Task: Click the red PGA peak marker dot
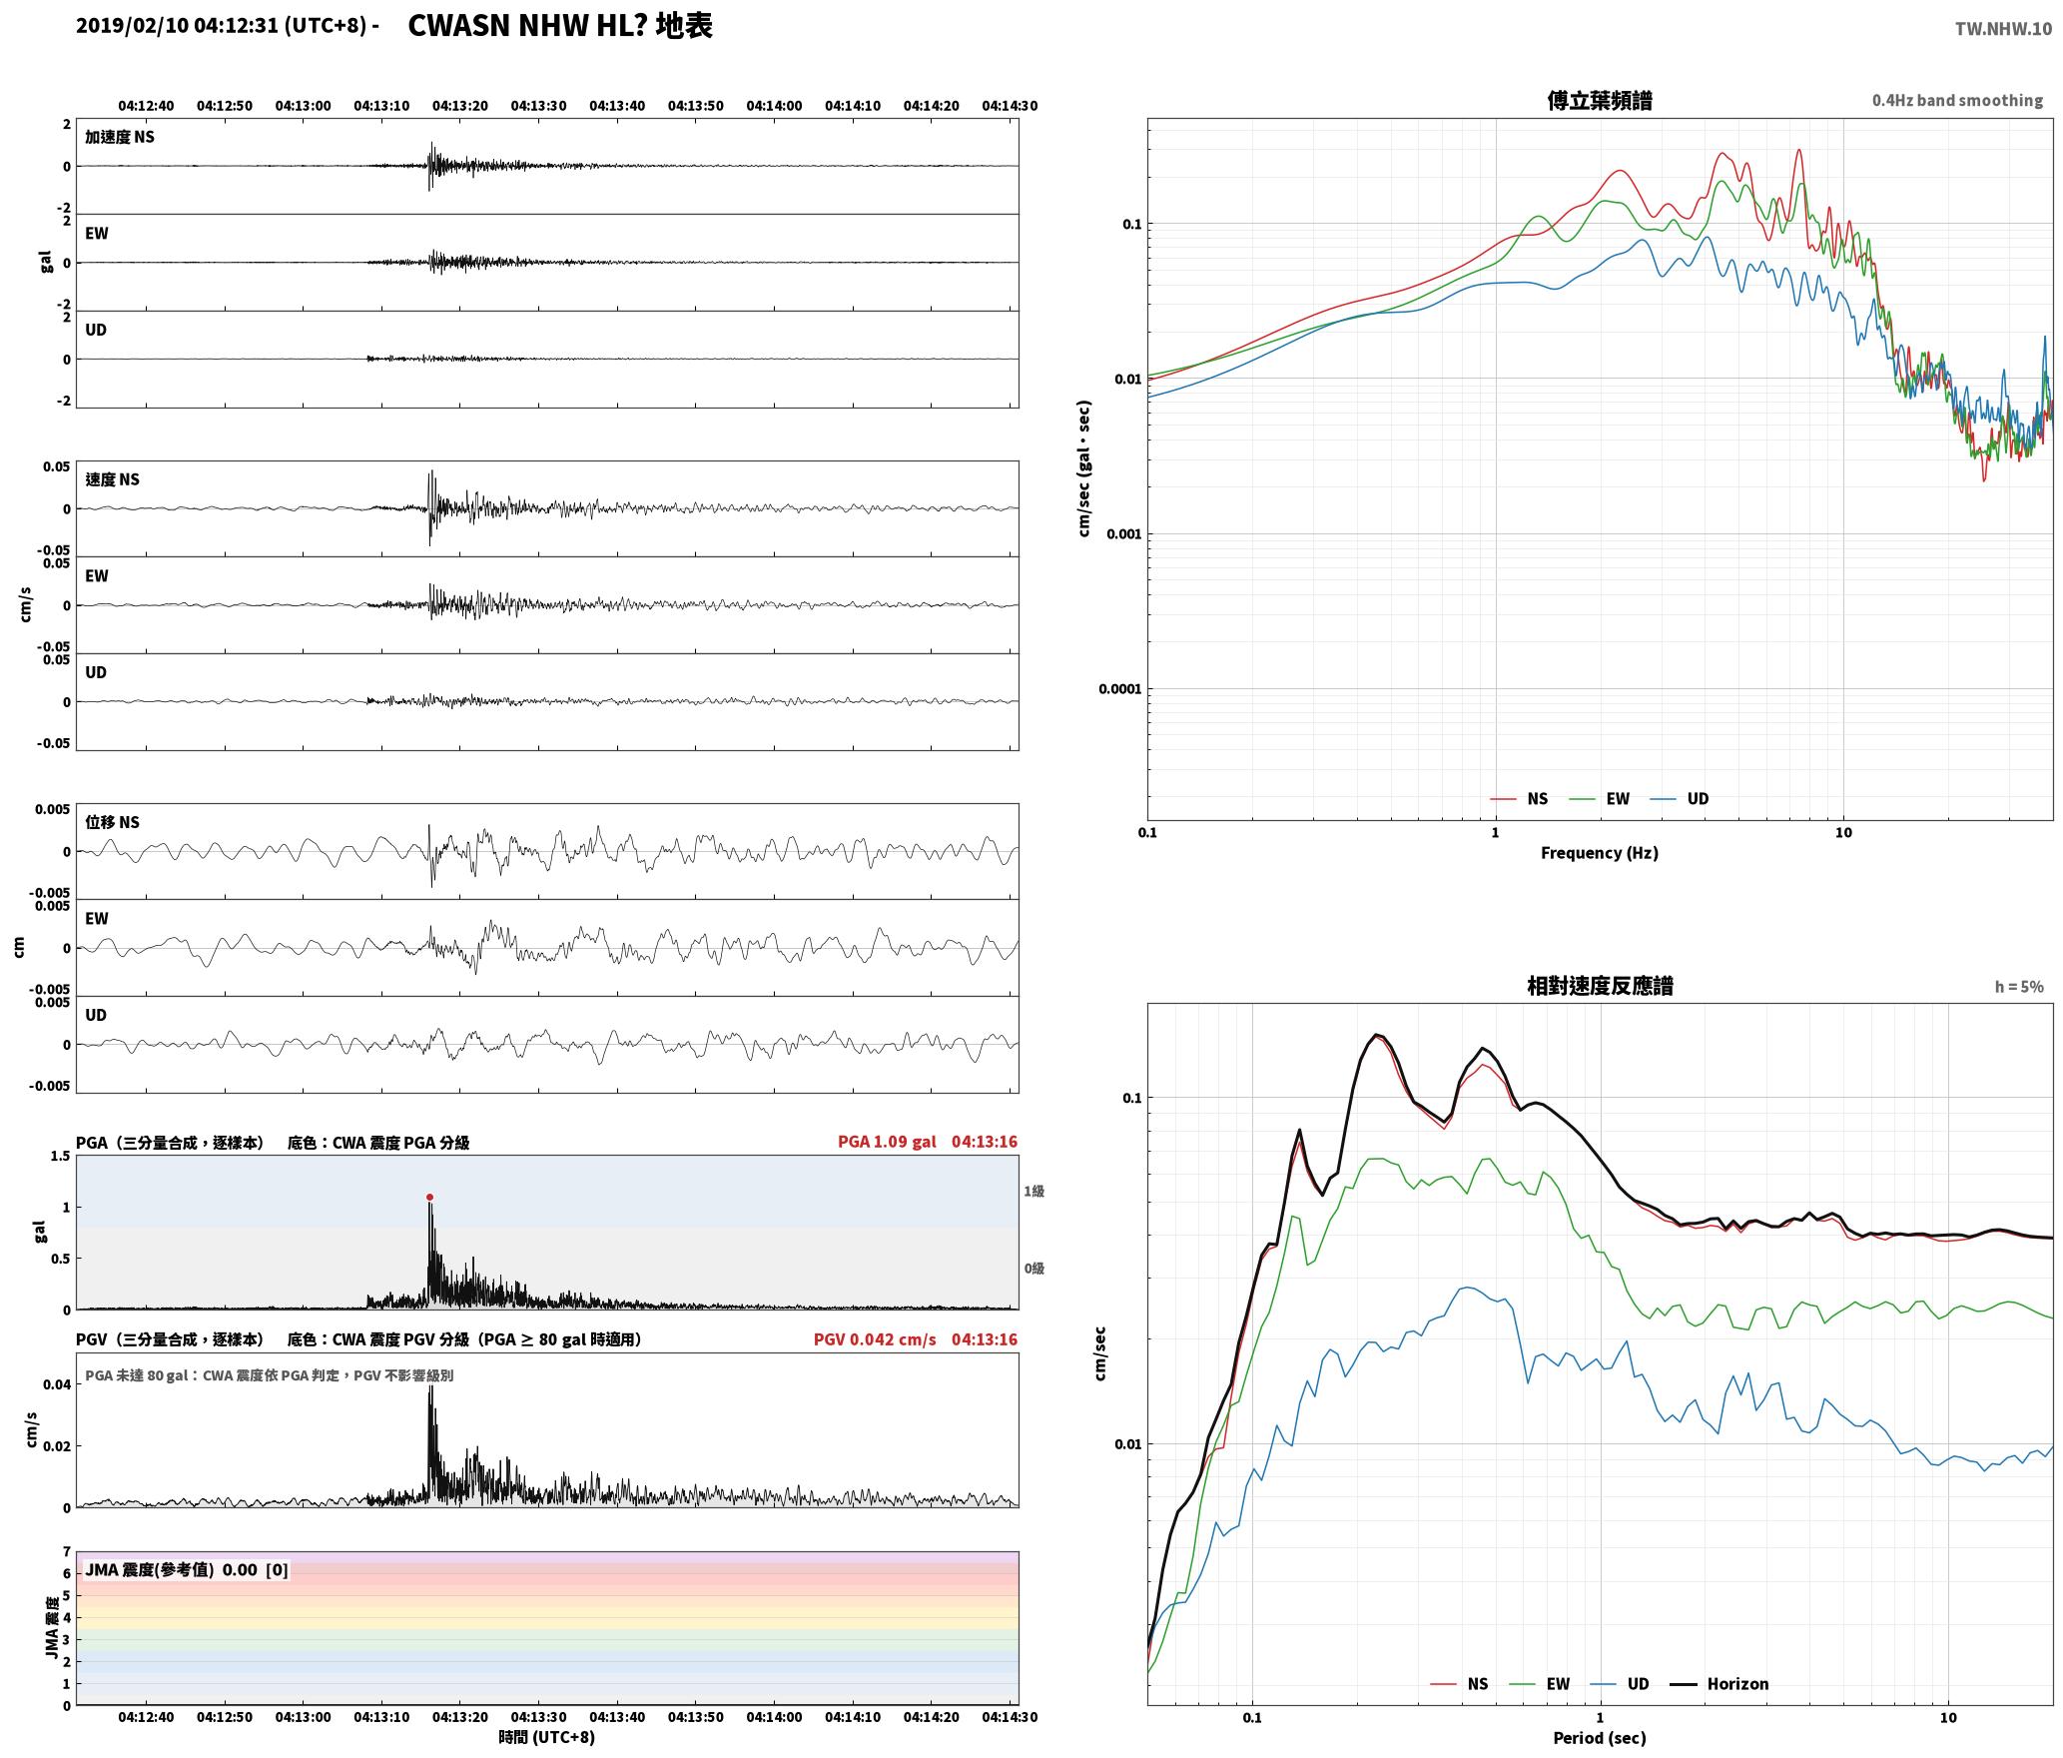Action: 429,1197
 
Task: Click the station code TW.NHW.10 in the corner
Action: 2003,29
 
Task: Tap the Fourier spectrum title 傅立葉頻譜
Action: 1599,100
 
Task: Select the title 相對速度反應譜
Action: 1600,985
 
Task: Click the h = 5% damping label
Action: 2019,987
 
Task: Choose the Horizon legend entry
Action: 1719,1683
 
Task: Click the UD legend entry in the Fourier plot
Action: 1680,798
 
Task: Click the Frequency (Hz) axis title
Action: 1599,852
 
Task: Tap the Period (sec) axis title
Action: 1599,1738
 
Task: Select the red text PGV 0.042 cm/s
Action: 875,1339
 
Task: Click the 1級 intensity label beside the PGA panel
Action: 1033,1191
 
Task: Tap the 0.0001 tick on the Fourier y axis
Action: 1119,688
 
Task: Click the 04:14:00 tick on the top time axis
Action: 774,106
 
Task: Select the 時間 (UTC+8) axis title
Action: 547,1737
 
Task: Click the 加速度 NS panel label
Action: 120,137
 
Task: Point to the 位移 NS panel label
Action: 112,822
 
